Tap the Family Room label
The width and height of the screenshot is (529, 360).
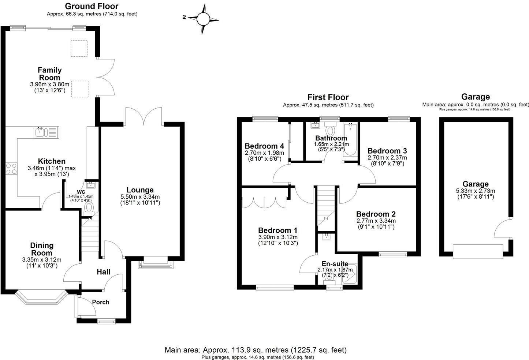pos(49,74)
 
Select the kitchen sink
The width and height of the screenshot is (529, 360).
pos(40,132)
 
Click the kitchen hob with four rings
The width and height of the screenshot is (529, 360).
pos(11,168)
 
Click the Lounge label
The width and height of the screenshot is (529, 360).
pos(140,190)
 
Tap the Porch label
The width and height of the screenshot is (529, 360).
pos(100,302)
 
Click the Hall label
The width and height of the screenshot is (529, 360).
pos(104,272)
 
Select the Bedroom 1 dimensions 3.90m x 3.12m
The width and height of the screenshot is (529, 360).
pos(278,237)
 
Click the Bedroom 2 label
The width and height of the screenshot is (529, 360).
pos(376,214)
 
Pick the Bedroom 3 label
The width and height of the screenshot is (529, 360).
pos(387,151)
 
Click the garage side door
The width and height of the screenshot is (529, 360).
pos(502,229)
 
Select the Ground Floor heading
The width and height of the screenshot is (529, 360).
pos(92,6)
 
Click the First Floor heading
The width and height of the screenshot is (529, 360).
pos(328,97)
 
